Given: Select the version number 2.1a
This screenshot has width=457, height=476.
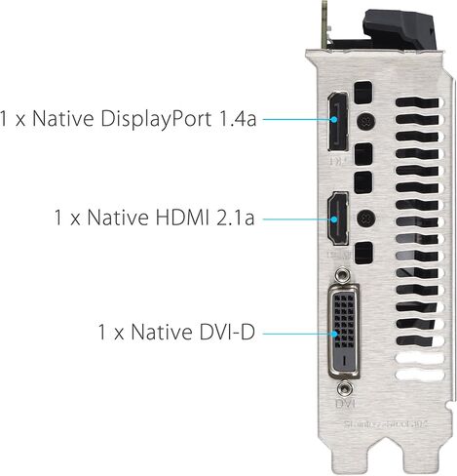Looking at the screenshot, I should pyautogui.click(x=231, y=216).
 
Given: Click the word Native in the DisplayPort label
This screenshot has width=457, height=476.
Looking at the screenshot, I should pyautogui.click(x=57, y=119).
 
